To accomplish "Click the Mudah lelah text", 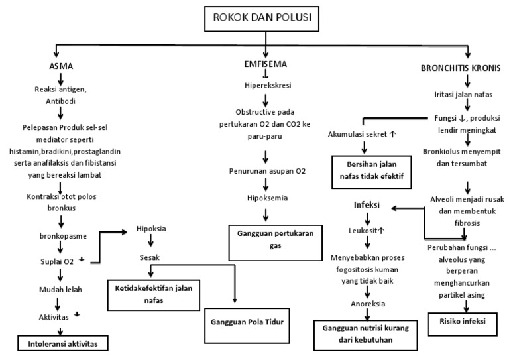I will point(61,288).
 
